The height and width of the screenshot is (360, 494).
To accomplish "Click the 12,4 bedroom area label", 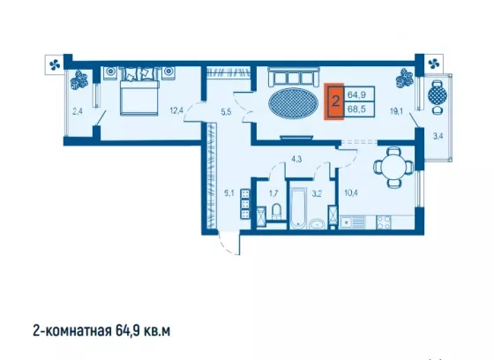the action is [176, 110].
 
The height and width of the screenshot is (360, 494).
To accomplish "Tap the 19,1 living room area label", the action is [396, 111].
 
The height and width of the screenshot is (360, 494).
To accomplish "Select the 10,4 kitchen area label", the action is [351, 193].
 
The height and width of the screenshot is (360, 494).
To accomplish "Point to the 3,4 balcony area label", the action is [438, 137].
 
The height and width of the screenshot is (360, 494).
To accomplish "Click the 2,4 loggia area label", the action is [78, 111].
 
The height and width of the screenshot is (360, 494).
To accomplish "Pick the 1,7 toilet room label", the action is [273, 193].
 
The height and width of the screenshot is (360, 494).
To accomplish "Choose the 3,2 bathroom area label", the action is [317, 193].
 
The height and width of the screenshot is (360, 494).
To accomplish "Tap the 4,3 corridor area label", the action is [296, 159].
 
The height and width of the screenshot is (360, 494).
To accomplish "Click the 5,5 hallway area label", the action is [226, 111].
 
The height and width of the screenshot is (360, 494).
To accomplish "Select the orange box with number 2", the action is [334, 101].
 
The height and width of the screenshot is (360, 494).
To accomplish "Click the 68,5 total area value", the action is [356, 109].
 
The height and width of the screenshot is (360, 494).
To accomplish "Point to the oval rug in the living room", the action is [293, 103].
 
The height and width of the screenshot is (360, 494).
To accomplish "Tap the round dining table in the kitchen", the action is [393, 168].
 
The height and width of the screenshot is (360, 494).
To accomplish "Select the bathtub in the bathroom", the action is [298, 208].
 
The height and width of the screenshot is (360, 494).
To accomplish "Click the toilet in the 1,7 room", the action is [277, 211].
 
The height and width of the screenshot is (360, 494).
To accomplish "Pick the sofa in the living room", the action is [294, 77].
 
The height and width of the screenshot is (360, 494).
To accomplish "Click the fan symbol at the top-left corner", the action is [55, 65].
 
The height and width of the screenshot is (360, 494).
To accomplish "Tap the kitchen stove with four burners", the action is [384, 222].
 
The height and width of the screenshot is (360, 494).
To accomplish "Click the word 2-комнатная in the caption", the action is [72, 331].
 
